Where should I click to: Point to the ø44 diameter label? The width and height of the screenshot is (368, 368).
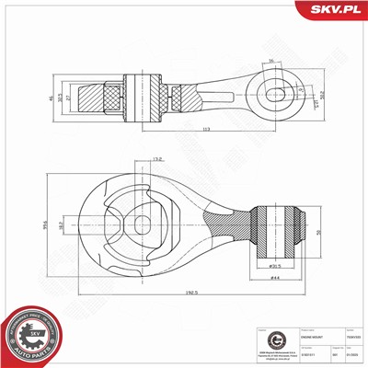click(274, 278)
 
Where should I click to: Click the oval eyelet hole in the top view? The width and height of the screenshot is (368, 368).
click(275, 93)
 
